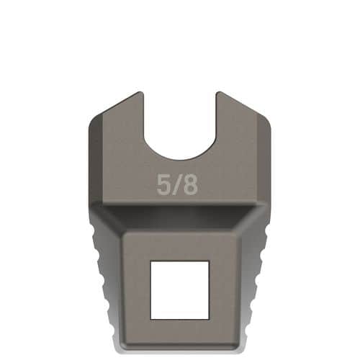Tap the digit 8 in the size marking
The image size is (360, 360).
tap(189, 185)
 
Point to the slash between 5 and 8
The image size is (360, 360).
tap(176, 185)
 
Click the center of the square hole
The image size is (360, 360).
tap(179, 289)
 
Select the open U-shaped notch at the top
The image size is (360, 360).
tap(179, 122)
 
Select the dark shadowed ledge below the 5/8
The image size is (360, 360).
tap(179, 214)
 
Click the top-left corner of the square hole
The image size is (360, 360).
tap(150, 261)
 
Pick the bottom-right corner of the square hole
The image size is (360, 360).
tap(209, 318)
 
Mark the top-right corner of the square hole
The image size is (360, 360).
tap(209, 261)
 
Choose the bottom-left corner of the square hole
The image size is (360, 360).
tap(150, 318)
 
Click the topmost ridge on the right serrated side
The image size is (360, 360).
tap(265, 234)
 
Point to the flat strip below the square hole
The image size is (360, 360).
tap(179, 332)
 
